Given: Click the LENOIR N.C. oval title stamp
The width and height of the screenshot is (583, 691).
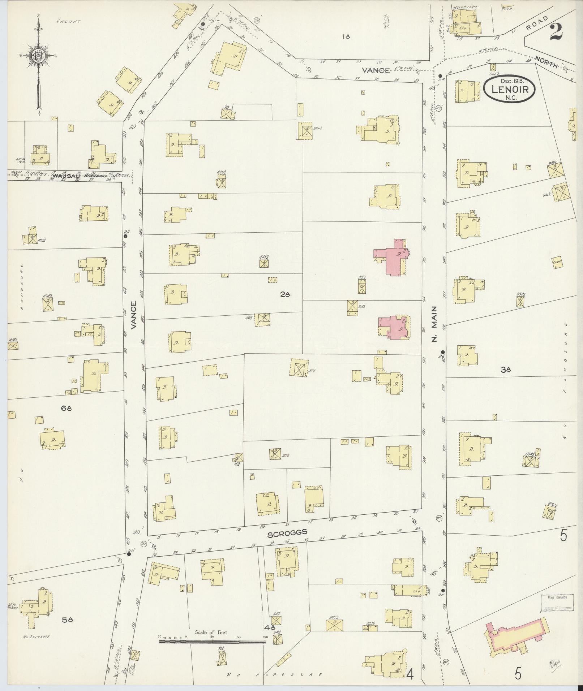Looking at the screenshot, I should (x=510, y=89).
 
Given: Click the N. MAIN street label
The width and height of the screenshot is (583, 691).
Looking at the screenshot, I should (x=434, y=324).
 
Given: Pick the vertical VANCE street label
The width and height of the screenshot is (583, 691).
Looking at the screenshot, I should (x=134, y=315).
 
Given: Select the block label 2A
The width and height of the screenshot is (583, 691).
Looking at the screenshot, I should (x=285, y=294).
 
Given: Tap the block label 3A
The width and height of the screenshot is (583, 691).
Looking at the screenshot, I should (x=505, y=369).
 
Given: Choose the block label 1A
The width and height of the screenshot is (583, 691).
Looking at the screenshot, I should (x=346, y=36).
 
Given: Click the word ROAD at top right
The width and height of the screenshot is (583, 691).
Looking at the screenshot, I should (x=537, y=25).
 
